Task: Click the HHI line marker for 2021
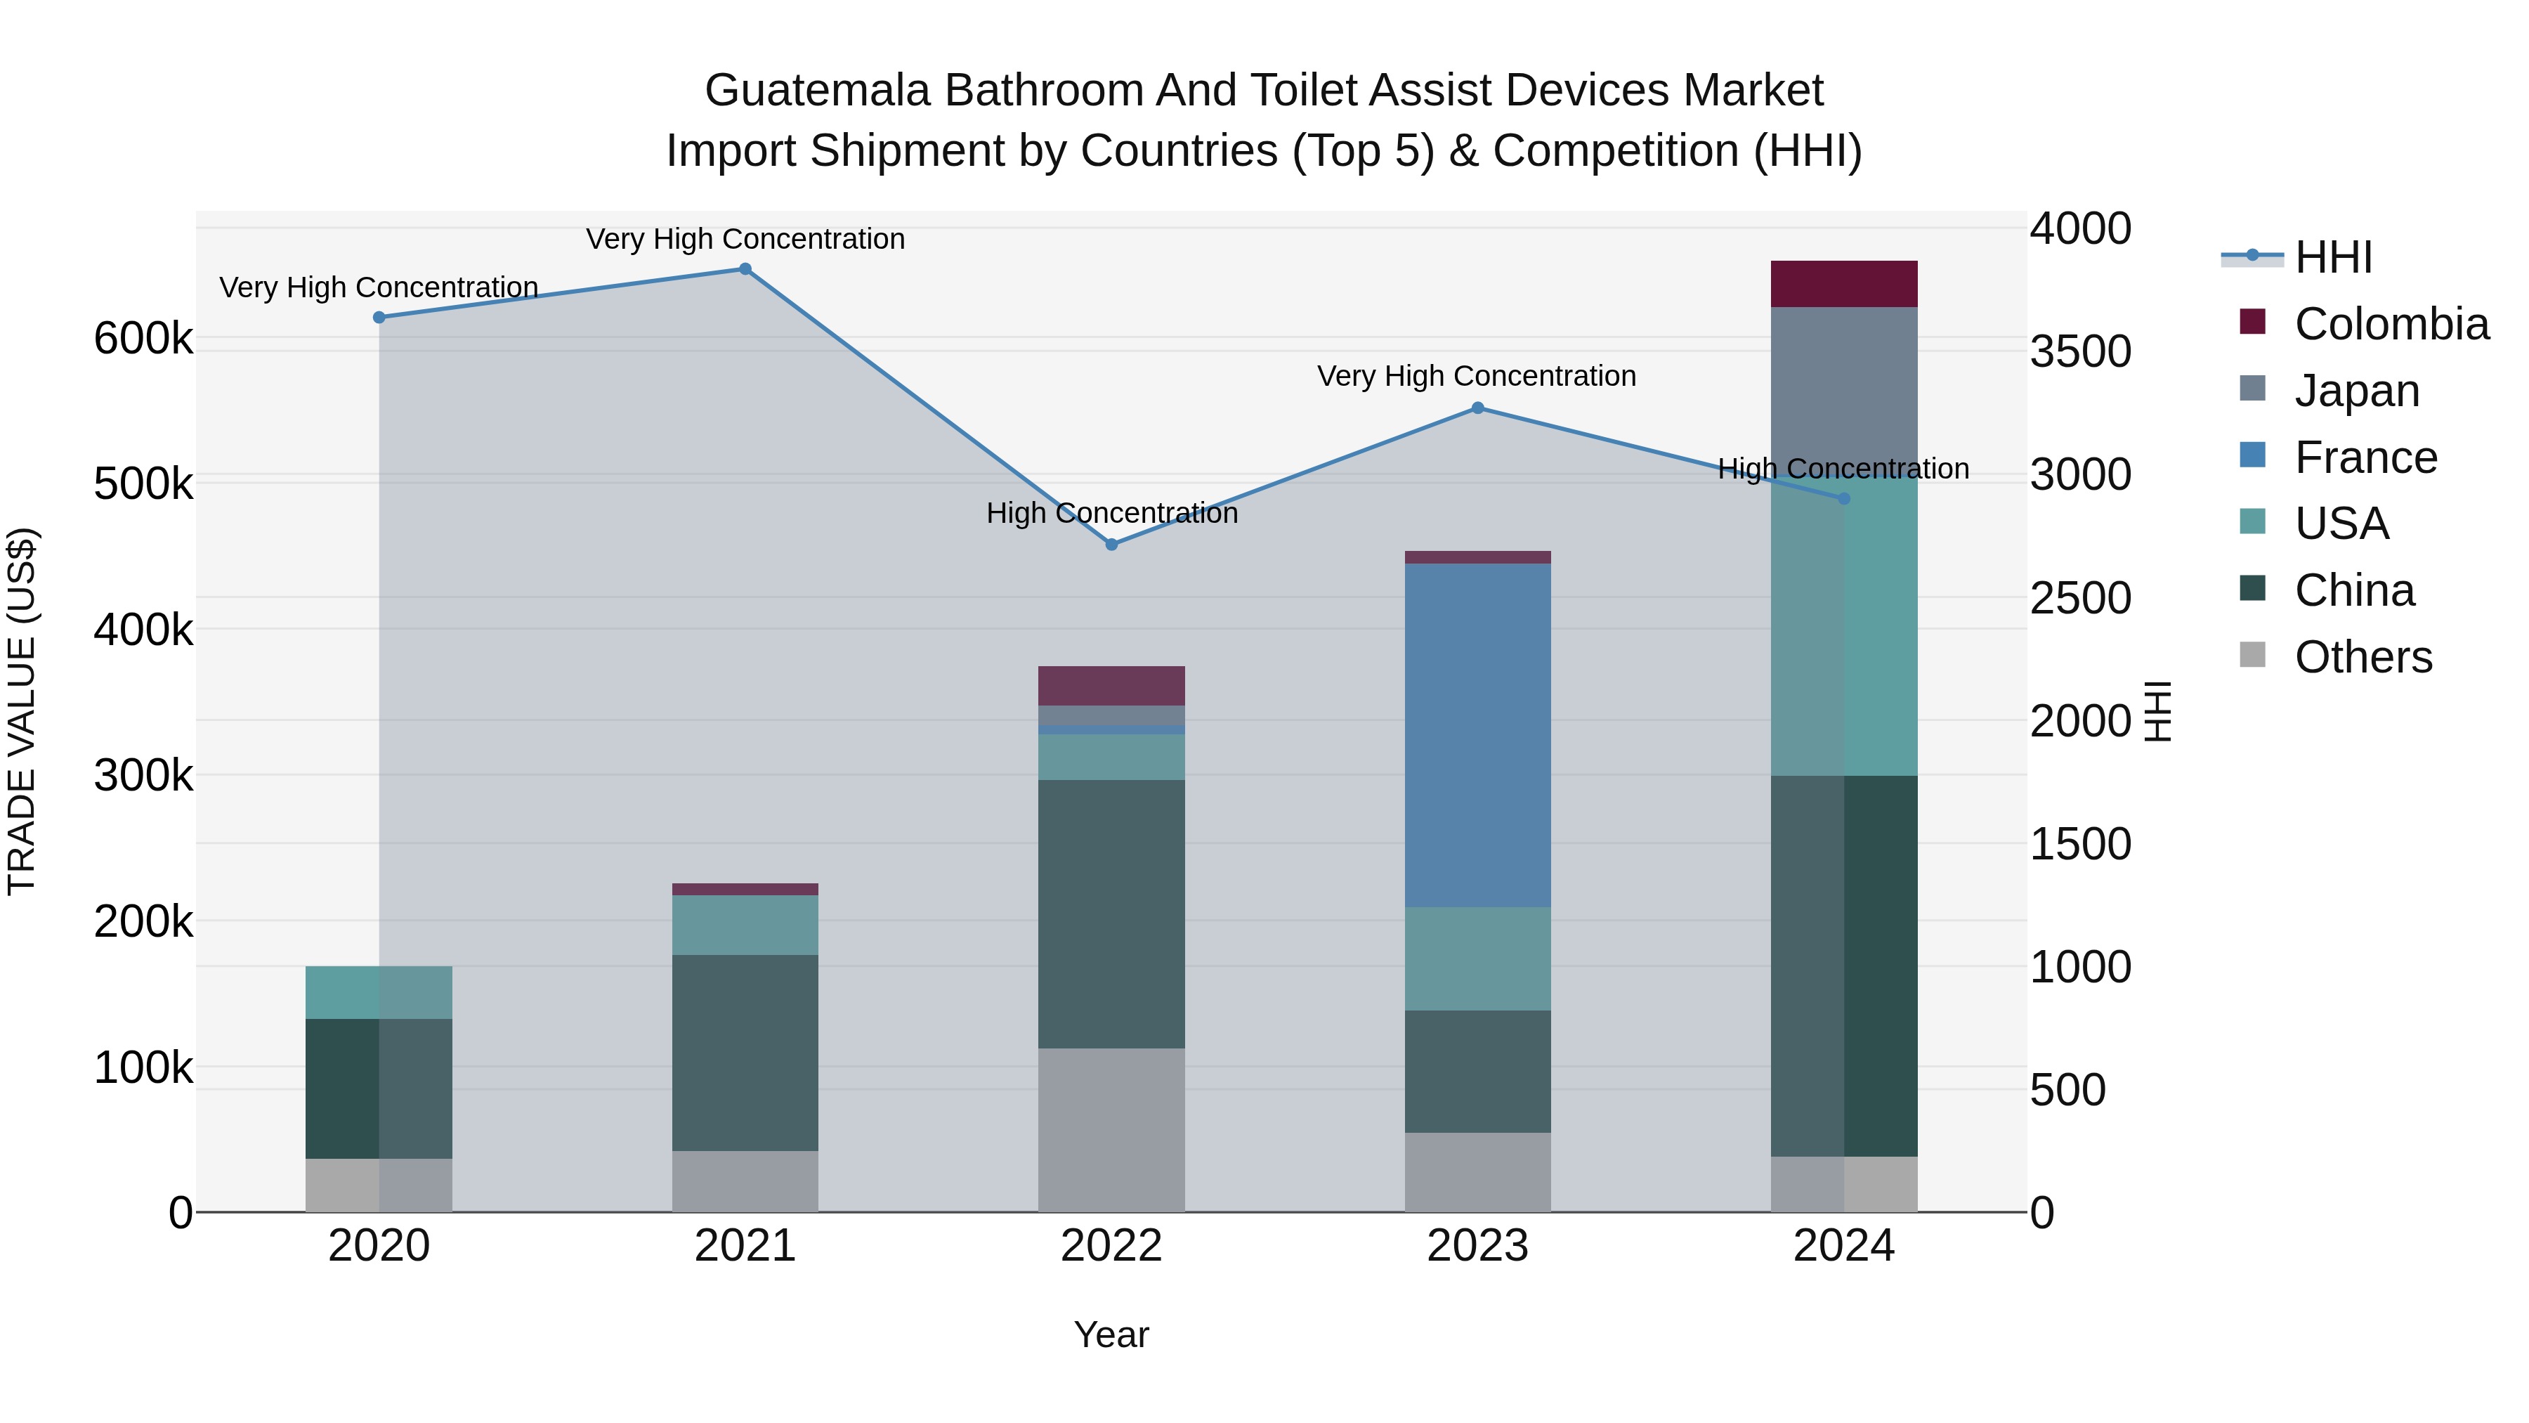tap(745, 269)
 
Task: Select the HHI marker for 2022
tap(1111, 544)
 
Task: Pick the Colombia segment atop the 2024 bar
tap(1844, 284)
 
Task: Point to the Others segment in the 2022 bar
tap(1111, 1129)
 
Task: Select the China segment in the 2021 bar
tap(745, 1053)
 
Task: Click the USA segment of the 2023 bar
tap(1477, 959)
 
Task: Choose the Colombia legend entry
tap(2391, 324)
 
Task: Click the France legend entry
tap(2365, 457)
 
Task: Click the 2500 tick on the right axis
tap(2080, 598)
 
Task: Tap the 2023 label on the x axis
tap(1477, 1246)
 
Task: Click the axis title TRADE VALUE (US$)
tap(22, 711)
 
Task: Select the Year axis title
tap(1111, 1334)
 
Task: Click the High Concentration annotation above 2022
tap(1111, 513)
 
